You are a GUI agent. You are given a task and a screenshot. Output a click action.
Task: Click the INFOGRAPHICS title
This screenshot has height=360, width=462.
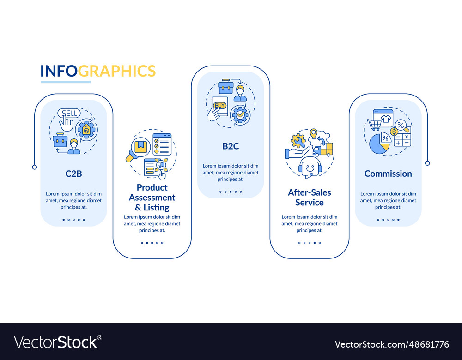pos(98,71)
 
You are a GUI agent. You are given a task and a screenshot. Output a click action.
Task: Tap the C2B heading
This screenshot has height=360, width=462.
pos(74,174)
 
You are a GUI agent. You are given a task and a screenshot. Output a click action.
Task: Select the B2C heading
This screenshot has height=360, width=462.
pos(231,146)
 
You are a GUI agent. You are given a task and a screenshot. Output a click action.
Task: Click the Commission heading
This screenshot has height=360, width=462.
pos(388,174)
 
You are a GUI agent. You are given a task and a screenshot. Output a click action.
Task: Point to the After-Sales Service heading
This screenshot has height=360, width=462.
pos(310,197)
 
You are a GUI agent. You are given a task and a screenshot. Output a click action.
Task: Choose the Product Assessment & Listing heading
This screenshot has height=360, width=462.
pos(152,198)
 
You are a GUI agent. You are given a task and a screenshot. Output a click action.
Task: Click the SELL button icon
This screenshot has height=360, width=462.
pos(69,114)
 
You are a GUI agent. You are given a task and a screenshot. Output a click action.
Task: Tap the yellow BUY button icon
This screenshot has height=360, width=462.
pos(220,106)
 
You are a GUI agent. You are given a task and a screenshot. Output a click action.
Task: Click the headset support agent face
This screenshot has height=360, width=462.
pos(310,167)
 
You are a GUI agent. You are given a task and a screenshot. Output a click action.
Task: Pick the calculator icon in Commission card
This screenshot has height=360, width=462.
pos(402,139)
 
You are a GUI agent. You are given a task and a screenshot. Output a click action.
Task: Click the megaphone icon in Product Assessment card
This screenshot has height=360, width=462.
pos(159,164)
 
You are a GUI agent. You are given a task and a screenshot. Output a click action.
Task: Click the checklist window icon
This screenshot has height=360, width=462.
pos(162,144)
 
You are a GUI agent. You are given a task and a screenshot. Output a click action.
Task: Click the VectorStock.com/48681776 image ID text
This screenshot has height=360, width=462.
pos(392,344)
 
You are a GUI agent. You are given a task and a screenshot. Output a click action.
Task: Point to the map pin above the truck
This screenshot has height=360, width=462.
pos(314,134)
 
